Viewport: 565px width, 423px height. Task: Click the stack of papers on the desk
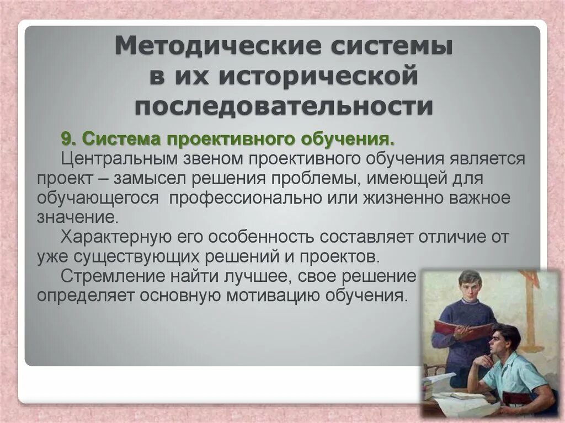point(439,383)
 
